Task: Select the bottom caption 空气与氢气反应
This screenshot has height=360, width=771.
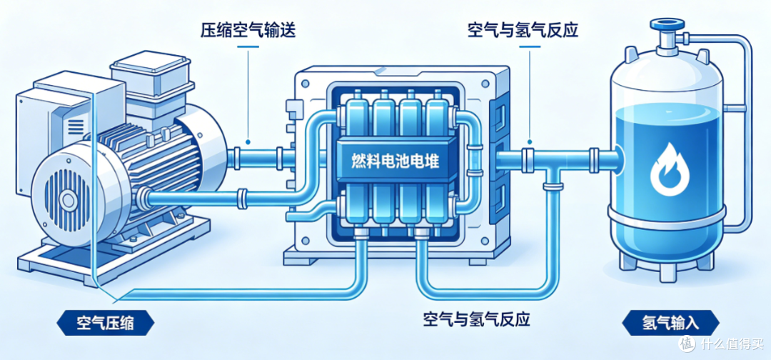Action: pyautogui.click(x=476, y=320)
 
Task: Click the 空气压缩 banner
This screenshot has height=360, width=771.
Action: pyautogui.click(x=106, y=324)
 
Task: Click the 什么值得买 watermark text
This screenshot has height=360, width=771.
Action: pyautogui.click(x=732, y=344)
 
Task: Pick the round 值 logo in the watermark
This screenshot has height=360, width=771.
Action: pyautogui.click(x=688, y=344)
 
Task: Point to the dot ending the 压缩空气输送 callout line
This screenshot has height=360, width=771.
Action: pyautogui.click(x=249, y=142)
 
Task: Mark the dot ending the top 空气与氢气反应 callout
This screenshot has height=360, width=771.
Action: pyautogui.click(x=530, y=142)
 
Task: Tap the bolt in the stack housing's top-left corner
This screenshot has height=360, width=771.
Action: pyautogui.click(x=305, y=84)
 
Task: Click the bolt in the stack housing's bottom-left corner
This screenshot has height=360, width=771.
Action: pyautogui.click(x=306, y=241)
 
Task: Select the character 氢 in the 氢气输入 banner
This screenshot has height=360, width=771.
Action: pyautogui.click(x=650, y=324)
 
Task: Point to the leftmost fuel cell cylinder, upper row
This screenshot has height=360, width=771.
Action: pyautogui.click(x=354, y=117)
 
